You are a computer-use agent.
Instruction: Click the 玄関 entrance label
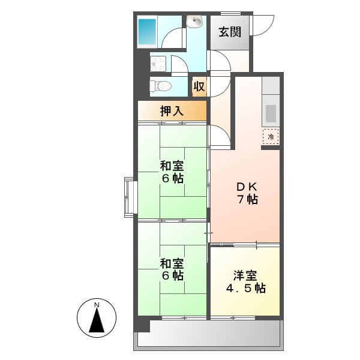coord(229,32)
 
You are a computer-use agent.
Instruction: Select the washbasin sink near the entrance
coord(195,22)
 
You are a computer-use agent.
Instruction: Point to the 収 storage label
coord(199,86)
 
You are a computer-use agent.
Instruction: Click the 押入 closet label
coord(172,110)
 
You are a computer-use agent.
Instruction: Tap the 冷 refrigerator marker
coord(271,137)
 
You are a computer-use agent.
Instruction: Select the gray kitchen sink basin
coord(271,113)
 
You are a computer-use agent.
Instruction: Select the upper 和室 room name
coord(172,166)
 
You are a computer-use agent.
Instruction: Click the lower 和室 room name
coord(172,263)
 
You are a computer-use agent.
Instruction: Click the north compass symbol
coord(97,318)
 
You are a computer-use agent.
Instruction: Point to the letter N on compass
coord(97,305)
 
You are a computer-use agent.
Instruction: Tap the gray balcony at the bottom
coord(210,334)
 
